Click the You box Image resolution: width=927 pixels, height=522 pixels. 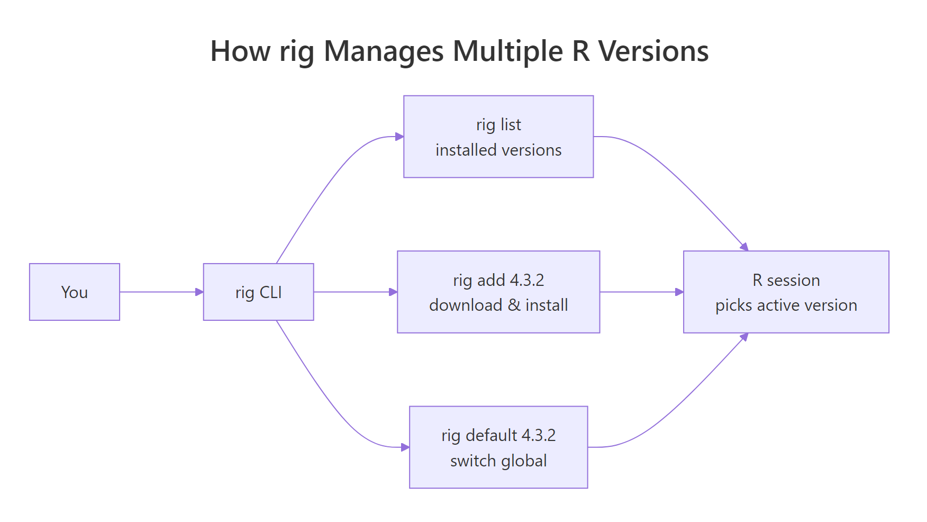(75, 292)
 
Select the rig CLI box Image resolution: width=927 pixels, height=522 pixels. (258, 292)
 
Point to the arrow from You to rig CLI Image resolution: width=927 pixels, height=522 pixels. (161, 292)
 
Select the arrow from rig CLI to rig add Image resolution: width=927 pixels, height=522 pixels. (355, 292)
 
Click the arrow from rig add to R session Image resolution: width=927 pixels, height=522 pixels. (641, 292)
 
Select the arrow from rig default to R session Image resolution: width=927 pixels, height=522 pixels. (683, 402)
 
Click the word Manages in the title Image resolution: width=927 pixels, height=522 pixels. (384, 52)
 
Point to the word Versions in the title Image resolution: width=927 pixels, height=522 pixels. (653, 52)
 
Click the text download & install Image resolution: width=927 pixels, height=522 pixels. (498, 305)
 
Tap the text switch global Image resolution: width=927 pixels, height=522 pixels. (498, 461)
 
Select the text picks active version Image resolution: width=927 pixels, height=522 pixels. (786, 305)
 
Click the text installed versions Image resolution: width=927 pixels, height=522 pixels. (498, 150)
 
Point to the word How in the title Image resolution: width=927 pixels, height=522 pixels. (240, 52)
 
